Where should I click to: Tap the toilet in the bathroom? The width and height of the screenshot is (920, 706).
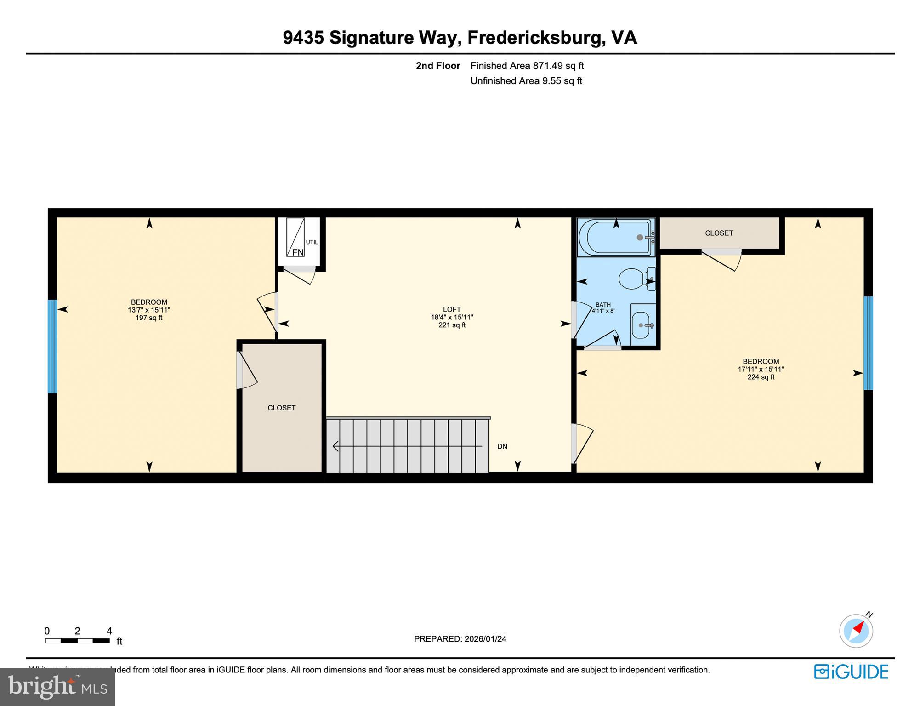633,279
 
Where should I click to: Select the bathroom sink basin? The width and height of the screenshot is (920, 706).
642,325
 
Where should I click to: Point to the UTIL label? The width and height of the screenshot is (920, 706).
312,242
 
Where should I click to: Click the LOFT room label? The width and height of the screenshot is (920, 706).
452,309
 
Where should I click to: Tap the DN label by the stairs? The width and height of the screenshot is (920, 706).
502,446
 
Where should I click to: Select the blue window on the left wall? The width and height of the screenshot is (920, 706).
52,347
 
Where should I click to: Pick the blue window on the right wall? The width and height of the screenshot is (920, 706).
868,343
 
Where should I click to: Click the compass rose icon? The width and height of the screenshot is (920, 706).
856,631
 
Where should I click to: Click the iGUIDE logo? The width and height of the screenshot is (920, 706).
851,672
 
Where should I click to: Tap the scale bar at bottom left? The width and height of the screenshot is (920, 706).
77,641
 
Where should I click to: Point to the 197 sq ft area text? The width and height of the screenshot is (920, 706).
149,318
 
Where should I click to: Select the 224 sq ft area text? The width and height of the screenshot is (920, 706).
761,377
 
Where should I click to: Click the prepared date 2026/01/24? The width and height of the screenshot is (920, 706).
485,639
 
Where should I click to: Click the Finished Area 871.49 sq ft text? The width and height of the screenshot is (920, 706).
527,66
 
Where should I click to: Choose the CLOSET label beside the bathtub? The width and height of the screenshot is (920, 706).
719,233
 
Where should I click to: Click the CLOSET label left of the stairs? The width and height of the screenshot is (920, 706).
282,408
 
